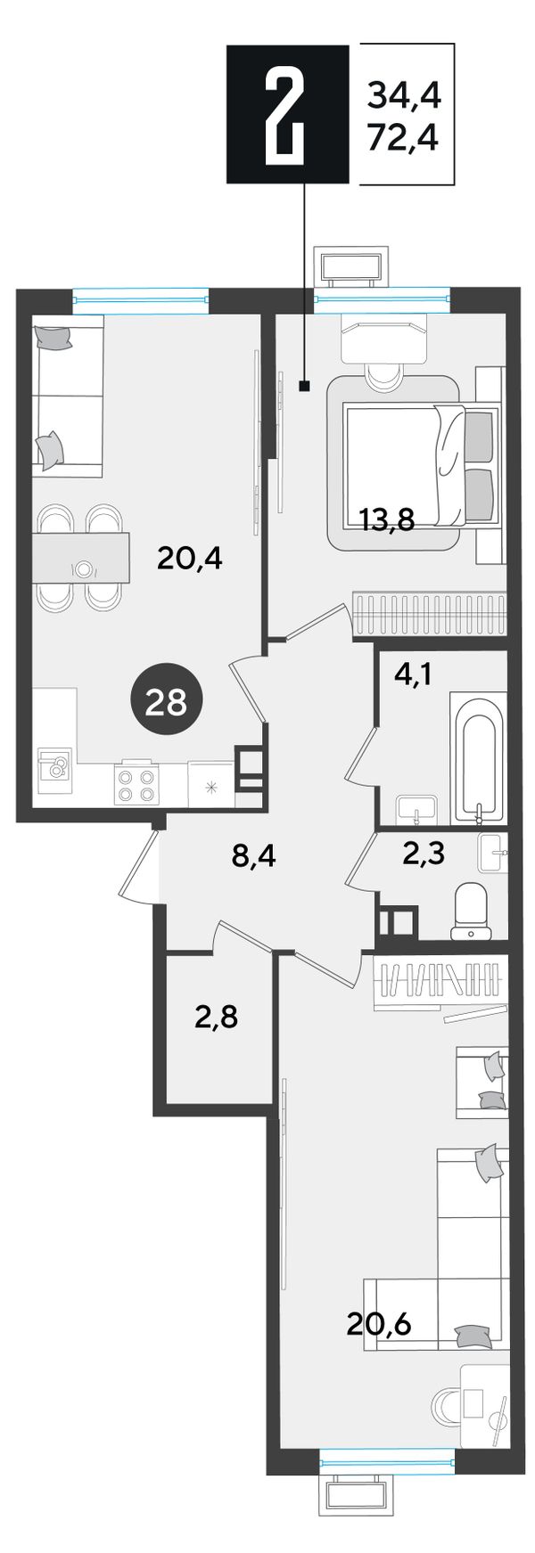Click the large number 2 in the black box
click(287, 114)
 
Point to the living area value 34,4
click(404, 92)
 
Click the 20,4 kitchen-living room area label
click(188, 559)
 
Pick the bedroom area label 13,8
click(387, 518)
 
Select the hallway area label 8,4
click(253, 860)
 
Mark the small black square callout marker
click(304, 386)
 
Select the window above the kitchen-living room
click(141, 298)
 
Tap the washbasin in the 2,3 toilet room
click(492, 854)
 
